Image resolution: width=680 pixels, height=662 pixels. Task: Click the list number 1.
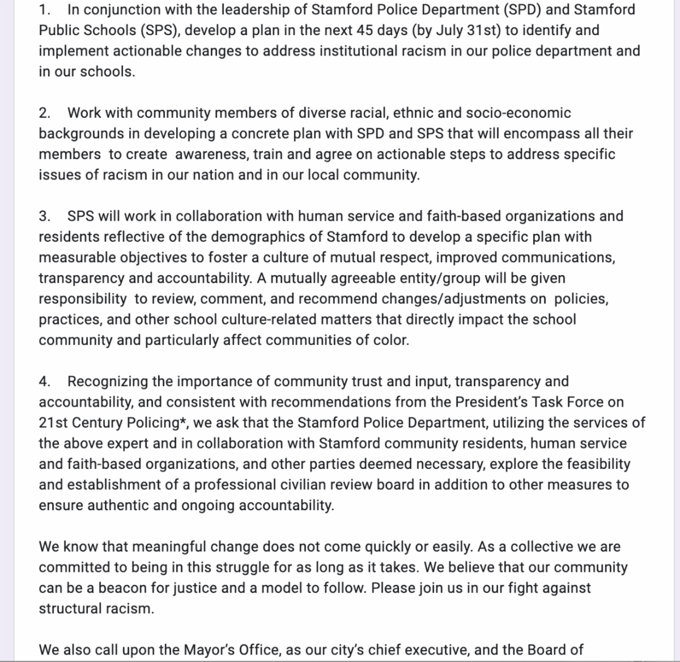44,10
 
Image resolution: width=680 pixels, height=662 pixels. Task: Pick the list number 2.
44,113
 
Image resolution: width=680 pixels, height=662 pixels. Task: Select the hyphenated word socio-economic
518,113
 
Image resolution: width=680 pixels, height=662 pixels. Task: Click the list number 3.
44,216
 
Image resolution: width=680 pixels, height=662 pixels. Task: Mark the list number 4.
44,381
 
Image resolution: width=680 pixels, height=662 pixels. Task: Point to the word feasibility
592,464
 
